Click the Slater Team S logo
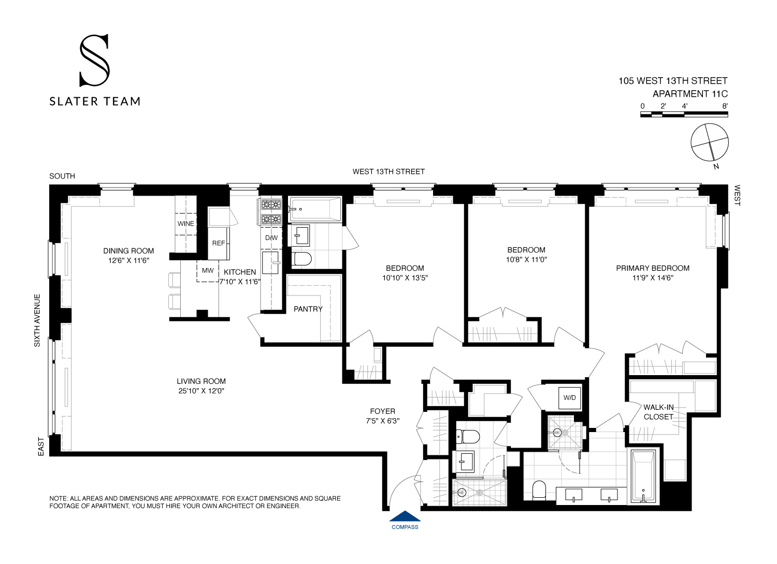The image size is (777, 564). tap(94, 60)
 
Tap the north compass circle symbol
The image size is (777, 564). tap(710, 142)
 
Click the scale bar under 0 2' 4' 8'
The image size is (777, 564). tap(684, 114)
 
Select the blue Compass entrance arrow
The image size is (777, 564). tap(405, 516)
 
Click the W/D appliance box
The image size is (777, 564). tap(569, 398)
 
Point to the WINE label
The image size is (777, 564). tap(185, 224)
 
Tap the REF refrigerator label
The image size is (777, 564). tap(219, 243)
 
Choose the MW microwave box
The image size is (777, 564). tap(208, 271)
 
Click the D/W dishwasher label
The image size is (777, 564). tap(271, 238)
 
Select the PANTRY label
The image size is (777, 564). tap(308, 309)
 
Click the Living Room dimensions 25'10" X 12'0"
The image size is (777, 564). tap(200, 391)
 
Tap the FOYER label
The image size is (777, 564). tap(382, 411)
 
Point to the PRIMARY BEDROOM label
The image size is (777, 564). tap(652, 268)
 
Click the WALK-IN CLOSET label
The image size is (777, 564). tap(658, 412)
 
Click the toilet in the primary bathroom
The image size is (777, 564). tap(539, 489)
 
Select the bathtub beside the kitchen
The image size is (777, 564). tap(315, 209)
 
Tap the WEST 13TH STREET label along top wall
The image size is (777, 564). tap(388, 171)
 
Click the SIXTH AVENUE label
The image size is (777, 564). tap(37, 320)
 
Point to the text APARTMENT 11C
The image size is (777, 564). tap(690, 94)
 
